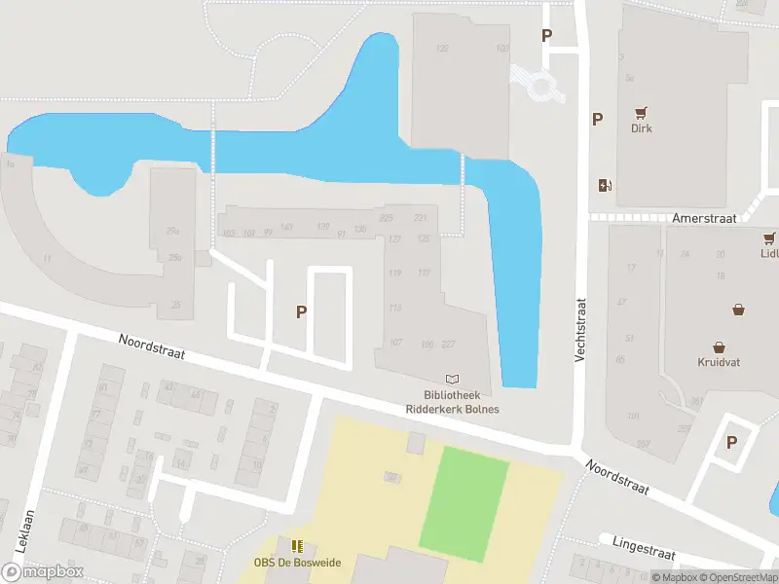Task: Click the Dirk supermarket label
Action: tap(641, 128)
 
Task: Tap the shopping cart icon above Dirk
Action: tap(641, 112)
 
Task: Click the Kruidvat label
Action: tap(719, 362)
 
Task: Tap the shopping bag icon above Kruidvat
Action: tap(719, 347)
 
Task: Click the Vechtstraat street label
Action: tap(579, 330)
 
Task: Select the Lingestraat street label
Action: tap(644, 546)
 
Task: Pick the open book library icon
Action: tap(452, 379)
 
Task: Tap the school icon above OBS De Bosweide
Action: tap(297, 546)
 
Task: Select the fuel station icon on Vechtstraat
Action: tap(605, 185)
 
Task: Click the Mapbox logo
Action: tap(43, 572)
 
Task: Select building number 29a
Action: tap(173, 231)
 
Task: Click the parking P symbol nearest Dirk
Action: tap(597, 120)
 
